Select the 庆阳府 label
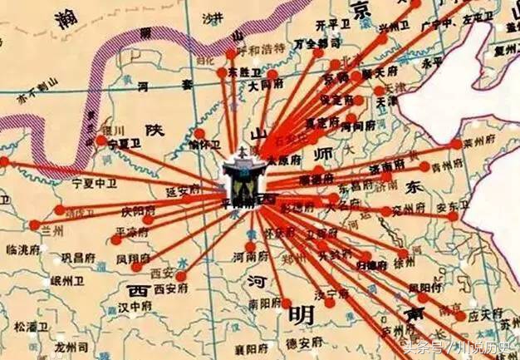point(137,212)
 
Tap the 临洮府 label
point(22,249)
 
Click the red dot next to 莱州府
point(456,144)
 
